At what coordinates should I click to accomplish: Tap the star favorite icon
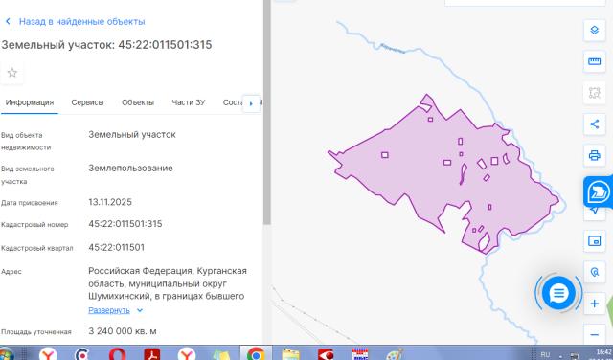(12, 73)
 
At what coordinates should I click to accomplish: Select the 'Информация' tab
(28, 102)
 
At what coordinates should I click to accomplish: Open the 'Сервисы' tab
(87, 102)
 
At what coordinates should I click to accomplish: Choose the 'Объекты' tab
(138, 102)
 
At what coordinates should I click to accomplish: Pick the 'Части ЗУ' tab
(188, 102)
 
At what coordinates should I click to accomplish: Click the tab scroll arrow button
(252, 102)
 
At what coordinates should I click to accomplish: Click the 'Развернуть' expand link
(109, 310)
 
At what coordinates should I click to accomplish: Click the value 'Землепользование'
(130, 168)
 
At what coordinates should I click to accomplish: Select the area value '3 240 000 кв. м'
(123, 331)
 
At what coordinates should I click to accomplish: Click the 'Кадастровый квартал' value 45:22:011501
(116, 247)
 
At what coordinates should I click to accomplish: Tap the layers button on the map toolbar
(594, 31)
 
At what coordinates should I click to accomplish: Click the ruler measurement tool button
(594, 62)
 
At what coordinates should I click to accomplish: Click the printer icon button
(594, 155)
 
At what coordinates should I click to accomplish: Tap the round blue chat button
(557, 292)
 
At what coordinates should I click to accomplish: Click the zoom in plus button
(594, 304)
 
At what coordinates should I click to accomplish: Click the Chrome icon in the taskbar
(256, 353)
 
